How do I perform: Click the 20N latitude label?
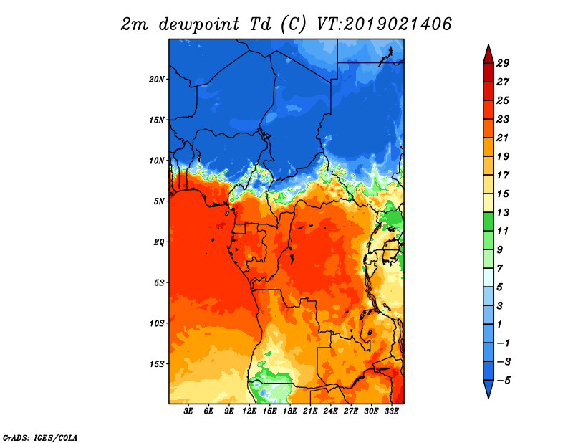[x=157, y=79]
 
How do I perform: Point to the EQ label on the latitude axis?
[x=159, y=242]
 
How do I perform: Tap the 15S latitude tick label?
[x=157, y=364]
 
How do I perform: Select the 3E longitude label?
[x=188, y=411]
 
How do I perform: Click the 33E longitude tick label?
[x=391, y=411]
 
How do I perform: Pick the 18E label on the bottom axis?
[x=290, y=411]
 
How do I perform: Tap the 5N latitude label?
[x=159, y=201]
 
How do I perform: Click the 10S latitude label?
[x=157, y=323]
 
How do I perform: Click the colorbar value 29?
[x=503, y=63]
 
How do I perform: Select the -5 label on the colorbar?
[x=504, y=381]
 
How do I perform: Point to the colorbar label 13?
[x=503, y=212]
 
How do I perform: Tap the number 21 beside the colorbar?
[x=503, y=138]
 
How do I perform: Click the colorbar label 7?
[x=500, y=269]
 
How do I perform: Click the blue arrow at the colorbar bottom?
[x=488, y=388]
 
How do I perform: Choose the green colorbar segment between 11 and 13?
[x=488, y=221]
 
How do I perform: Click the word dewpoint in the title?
[x=199, y=24]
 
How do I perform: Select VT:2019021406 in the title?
[x=385, y=24]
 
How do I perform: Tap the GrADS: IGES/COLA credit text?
[x=40, y=437]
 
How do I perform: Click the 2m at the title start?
[x=135, y=24]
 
